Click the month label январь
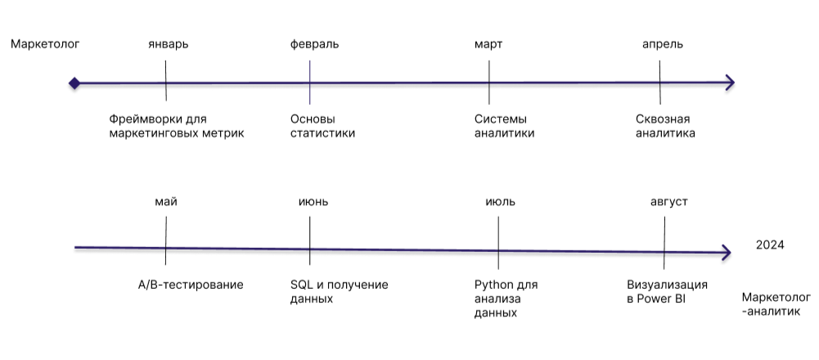tap(169, 44)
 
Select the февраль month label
tap(314, 44)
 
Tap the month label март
tap(488, 44)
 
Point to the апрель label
tap(663, 44)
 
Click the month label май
tap(165, 202)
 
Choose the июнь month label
tap(313, 202)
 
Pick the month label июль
tap(500, 202)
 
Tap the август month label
tap(669, 202)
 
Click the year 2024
tap(770, 245)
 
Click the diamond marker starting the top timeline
tap(74, 83)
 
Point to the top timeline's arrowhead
tap(730, 83)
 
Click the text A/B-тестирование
tap(191, 285)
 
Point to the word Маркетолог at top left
tap(45, 44)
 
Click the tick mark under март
tap(488, 83)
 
